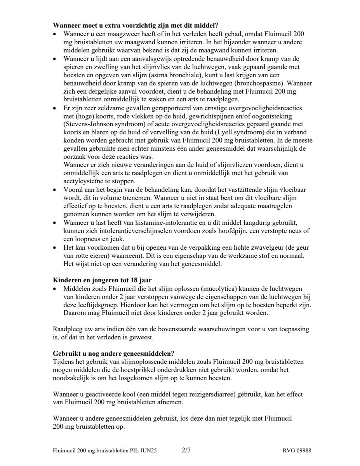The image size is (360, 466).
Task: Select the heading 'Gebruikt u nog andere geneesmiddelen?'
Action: point(113,354)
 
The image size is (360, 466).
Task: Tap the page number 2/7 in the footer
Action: point(186,450)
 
